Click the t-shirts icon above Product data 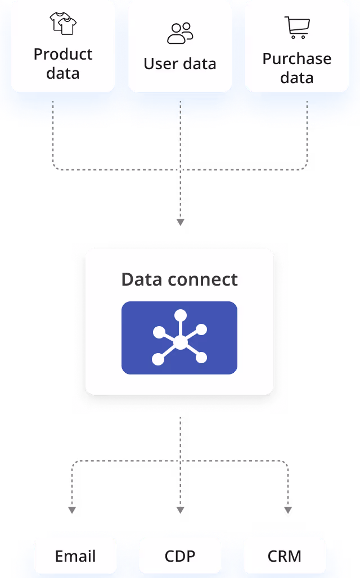63,24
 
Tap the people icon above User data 180,33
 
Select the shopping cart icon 297,28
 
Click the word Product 63,55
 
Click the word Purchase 297,59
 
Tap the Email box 75,556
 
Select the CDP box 180,556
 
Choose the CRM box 285,556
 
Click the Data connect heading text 179,279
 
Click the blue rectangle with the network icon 179,338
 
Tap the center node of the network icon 180,342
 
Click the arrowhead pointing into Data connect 180,223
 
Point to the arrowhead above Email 71,511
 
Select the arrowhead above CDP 180,511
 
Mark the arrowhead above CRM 288,511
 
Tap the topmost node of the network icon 180,315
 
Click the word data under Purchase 297,78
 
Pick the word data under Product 63,74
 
